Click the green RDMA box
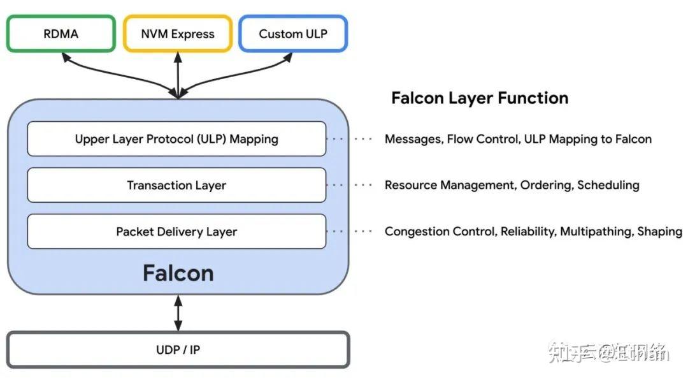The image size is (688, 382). click(x=61, y=34)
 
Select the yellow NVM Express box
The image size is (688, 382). click(x=178, y=34)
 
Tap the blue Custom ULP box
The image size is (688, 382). click(x=292, y=34)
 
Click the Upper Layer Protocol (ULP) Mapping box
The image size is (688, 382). click(x=176, y=138)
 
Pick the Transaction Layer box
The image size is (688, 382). click(x=176, y=186)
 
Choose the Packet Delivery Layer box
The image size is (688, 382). click(x=176, y=231)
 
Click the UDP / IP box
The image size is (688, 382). click(x=178, y=349)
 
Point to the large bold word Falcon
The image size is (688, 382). click(x=178, y=273)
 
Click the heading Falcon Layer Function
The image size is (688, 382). click(x=479, y=98)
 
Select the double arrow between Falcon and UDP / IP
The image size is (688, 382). click(x=178, y=312)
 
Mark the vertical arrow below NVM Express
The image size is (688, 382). click(x=178, y=73)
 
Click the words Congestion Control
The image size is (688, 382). click(x=438, y=231)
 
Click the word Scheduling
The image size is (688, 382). click(x=608, y=186)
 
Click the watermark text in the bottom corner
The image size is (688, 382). click(x=608, y=352)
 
